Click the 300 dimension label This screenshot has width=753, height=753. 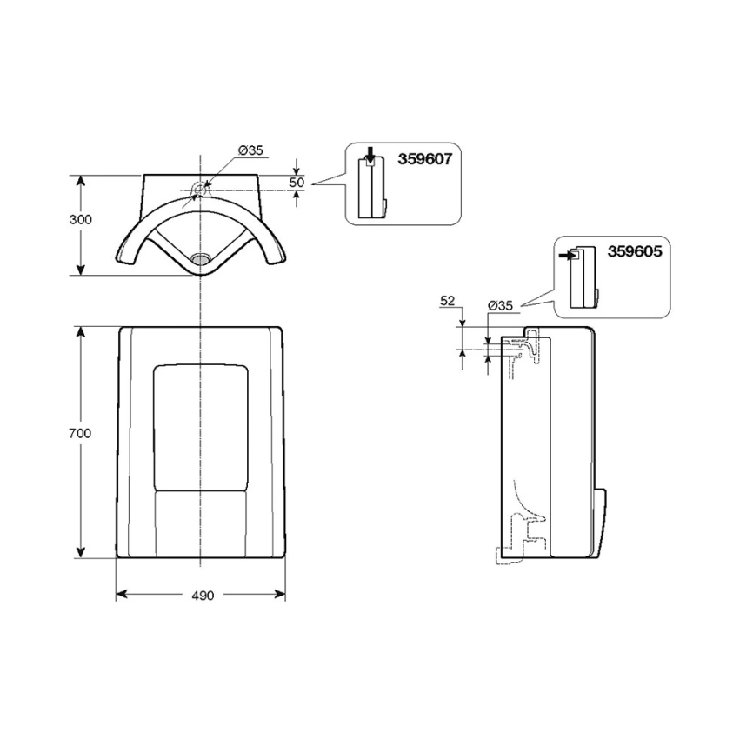point(80,219)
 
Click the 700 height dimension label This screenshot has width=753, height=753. point(80,433)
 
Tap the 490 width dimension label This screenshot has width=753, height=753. point(203,596)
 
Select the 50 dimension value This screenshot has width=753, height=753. point(297,183)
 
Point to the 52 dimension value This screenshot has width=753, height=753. point(447,301)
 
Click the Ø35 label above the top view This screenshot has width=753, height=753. point(250,150)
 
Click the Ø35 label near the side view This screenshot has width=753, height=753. point(500,305)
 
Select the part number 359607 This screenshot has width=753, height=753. point(425,159)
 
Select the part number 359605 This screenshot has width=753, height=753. point(635,251)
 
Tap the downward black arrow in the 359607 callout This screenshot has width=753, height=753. point(370,155)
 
